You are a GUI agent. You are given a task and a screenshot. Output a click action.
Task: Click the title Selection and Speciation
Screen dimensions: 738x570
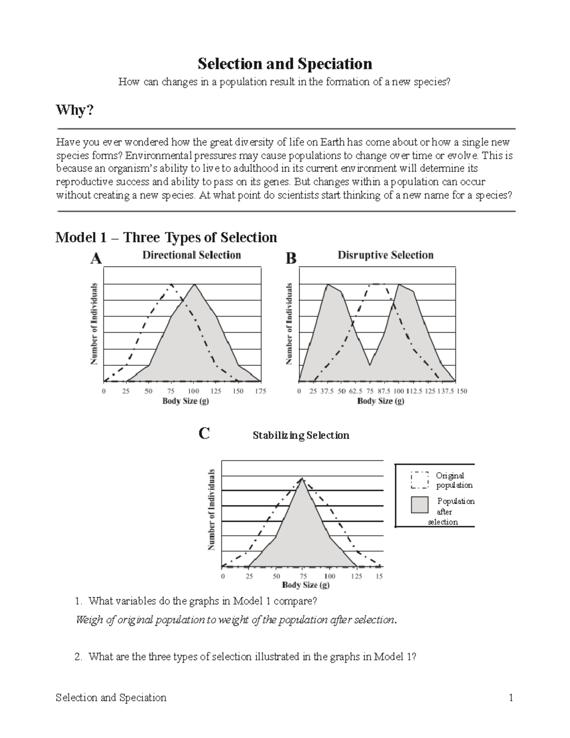pyautogui.click(x=285, y=64)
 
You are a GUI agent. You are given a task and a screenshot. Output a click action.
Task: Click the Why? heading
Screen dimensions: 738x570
pyautogui.click(x=75, y=110)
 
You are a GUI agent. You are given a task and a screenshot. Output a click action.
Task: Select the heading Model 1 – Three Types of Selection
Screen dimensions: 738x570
pyautogui.click(x=166, y=237)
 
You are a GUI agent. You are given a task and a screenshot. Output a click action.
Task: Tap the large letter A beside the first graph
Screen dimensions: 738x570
pyautogui.click(x=96, y=259)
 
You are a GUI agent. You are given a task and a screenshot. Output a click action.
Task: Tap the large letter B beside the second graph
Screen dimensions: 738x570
pyautogui.click(x=290, y=259)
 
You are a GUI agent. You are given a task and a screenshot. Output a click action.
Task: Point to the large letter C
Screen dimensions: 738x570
pyautogui.click(x=204, y=433)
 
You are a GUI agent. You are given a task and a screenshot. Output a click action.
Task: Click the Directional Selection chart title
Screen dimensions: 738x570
pyautogui.click(x=191, y=255)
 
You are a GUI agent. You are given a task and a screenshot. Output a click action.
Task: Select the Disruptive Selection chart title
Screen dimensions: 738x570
pyautogui.click(x=385, y=255)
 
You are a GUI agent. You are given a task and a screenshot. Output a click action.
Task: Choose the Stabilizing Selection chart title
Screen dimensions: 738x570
pyautogui.click(x=301, y=435)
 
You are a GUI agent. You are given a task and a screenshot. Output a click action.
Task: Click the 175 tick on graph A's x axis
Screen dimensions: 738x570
pyautogui.click(x=260, y=391)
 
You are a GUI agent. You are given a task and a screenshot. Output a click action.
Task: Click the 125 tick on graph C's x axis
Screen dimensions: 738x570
pyautogui.click(x=356, y=576)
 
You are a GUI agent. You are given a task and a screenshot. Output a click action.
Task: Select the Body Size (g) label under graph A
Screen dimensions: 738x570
pyautogui.click(x=185, y=401)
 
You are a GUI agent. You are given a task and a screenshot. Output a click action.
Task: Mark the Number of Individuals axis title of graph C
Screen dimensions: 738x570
pyautogui.click(x=212, y=510)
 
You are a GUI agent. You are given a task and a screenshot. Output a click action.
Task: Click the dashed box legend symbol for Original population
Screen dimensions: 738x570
pyautogui.click(x=419, y=480)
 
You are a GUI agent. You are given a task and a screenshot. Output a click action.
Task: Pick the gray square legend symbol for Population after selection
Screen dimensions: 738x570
pyautogui.click(x=419, y=505)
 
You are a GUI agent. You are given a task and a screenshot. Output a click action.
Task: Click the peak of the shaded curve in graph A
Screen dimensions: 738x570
pyautogui.click(x=194, y=284)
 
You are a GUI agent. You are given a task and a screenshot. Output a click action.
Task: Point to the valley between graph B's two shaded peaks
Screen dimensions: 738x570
pyautogui.click(x=370, y=365)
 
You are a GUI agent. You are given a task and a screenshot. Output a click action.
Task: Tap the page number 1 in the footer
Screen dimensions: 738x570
pyautogui.click(x=511, y=698)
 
